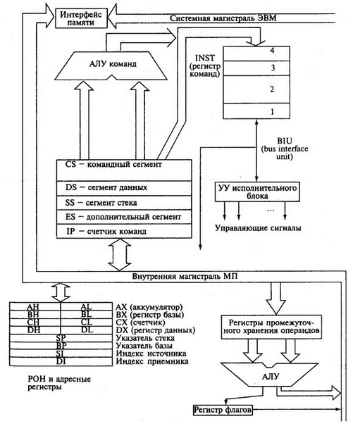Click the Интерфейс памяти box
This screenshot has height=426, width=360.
[x=81, y=18]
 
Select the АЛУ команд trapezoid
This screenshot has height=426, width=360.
[x=111, y=65]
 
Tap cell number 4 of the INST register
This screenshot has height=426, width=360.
[x=256, y=54]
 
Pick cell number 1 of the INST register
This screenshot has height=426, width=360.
[x=256, y=111]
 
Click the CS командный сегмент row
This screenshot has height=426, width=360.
[x=124, y=170]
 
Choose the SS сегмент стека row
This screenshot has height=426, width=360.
[x=124, y=202]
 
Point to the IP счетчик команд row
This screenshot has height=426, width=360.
[x=124, y=231]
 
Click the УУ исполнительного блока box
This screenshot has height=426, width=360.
[x=257, y=192]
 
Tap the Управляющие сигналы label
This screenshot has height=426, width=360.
[x=258, y=227]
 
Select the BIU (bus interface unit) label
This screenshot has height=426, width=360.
[x=285, y=149]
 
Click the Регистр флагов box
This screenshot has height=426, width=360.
[x=223, y=409]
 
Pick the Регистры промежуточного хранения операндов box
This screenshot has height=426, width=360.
[x=271, y=327]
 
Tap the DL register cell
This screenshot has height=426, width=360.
[x=87, y=330]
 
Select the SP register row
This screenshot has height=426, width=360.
[x=61, y=338]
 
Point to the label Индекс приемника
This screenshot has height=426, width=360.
[x=152, y=361]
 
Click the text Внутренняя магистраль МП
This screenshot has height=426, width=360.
[x=185, y=277]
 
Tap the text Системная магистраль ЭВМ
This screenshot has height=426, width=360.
[x=223, y=18]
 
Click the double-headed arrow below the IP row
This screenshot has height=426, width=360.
[x=120, y=255]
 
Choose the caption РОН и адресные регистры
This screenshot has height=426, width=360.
[x=59, y=383]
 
